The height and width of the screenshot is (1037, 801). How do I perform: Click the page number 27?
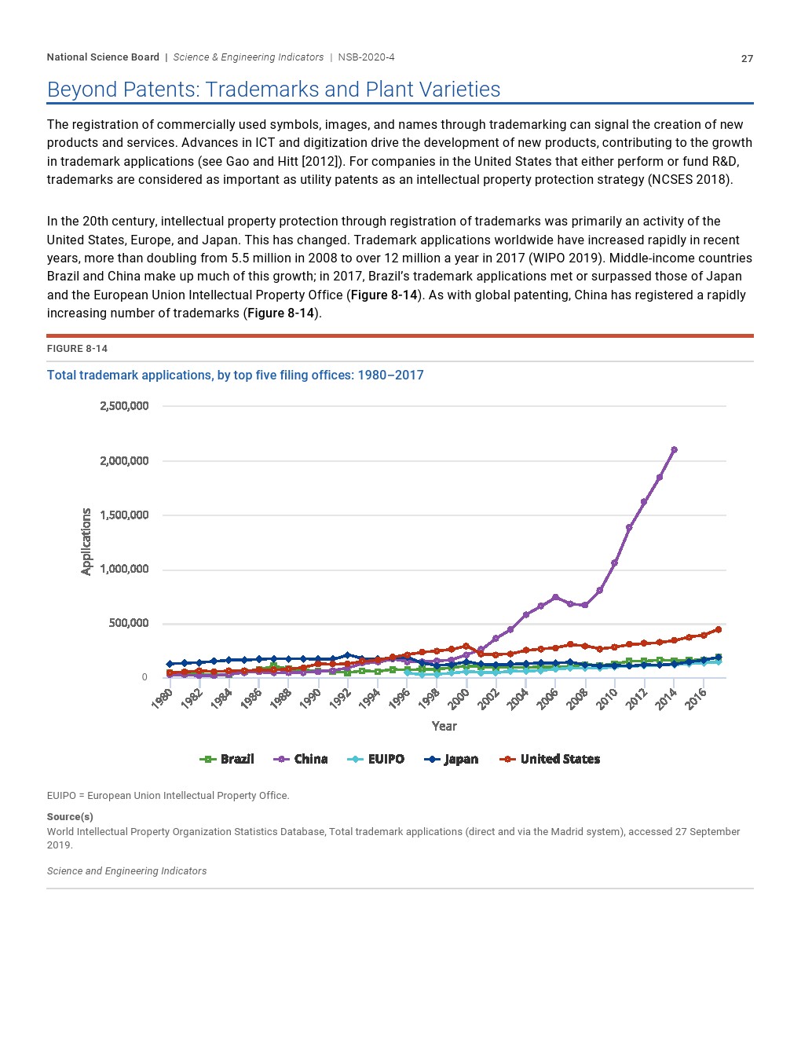[x=747, y=59]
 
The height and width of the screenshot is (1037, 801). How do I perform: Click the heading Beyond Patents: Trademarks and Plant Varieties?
[x=273, y=90]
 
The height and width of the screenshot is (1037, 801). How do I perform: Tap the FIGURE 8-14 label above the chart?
[x=77, y=348]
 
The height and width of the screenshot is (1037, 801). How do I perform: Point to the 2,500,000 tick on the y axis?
[x=124, y=406]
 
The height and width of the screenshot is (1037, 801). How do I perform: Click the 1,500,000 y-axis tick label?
[x=124, y=515]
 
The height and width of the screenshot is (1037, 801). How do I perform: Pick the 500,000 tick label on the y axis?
[x=128, y=623]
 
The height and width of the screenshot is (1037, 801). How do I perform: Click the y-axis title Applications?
[x=86, y=541]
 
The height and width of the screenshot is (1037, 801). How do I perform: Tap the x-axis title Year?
[x=444, y=726]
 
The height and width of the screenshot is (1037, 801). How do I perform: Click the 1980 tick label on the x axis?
[x=162, y=699]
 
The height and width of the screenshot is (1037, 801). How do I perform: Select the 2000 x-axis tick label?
[x=459, y=699]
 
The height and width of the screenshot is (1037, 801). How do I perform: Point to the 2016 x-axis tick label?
[x=696, y=699]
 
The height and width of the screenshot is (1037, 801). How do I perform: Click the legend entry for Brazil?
[x=227, y=759]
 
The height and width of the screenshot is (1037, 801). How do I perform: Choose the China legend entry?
[x=300, y=759]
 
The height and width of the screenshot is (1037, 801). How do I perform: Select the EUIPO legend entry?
[x=375, y=759]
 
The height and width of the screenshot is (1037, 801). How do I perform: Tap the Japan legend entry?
[x=451, y=759]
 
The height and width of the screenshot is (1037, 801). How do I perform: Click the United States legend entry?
[x=549, y=759]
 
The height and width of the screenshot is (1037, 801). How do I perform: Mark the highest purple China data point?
[x=674, y=449]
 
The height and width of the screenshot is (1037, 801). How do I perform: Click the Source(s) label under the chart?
[x=70, y=816]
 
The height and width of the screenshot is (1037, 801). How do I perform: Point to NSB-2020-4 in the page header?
[x=366, y=57]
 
